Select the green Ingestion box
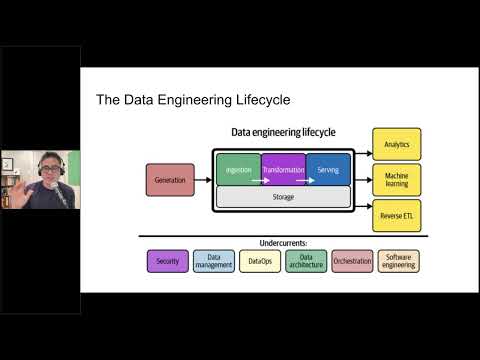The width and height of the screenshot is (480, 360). pos(238,170)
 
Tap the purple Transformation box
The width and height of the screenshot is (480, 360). pos(283,170)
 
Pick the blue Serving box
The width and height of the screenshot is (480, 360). pos(329,170)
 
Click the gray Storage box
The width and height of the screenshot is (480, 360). pos(283,197)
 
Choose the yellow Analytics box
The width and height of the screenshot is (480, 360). pos(397,144)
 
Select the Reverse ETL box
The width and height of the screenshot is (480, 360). pos(397,215)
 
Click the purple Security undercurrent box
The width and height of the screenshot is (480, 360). pos(166,261)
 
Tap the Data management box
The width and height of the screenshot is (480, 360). pos(213,261)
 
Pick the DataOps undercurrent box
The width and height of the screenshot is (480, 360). pos(259,261)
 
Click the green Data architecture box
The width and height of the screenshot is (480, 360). pos(305,261)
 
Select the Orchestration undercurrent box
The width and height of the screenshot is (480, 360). pos(352,261)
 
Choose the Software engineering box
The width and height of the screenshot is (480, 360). pos(398,261)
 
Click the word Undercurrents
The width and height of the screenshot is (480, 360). pos(283,242)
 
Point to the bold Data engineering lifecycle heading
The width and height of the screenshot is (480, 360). pos(283,132)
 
